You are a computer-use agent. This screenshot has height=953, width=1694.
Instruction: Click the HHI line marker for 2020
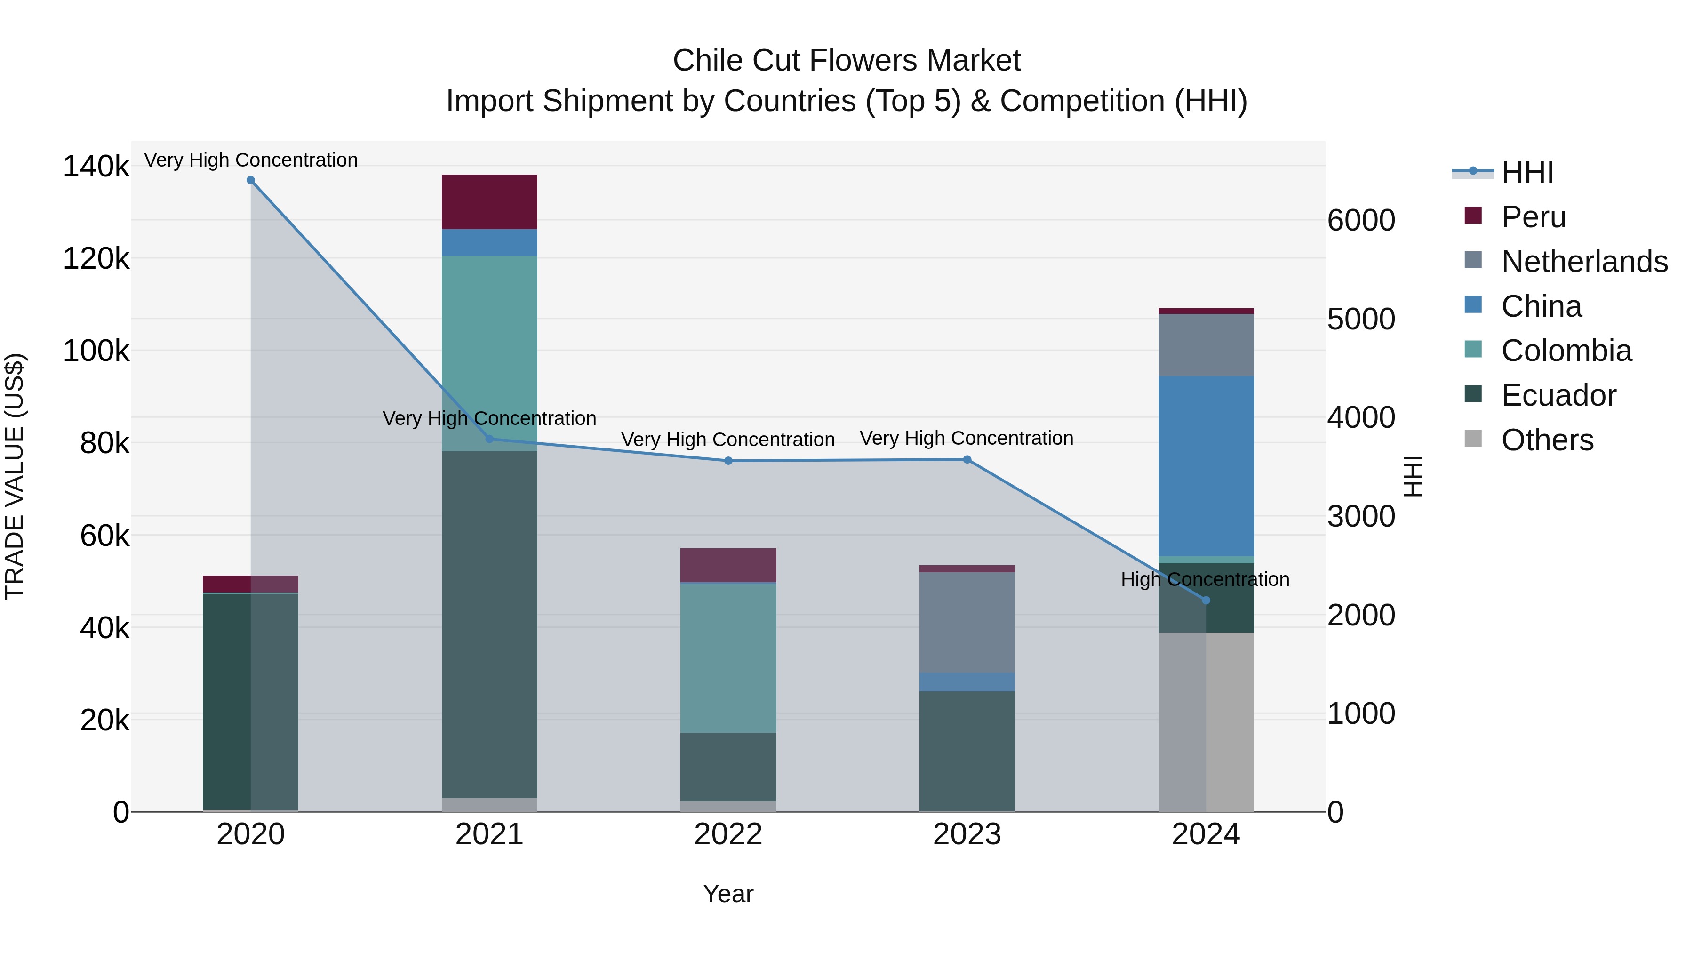250,180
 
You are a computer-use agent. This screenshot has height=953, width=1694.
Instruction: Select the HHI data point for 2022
728,461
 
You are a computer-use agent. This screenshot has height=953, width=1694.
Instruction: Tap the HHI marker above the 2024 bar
1206,600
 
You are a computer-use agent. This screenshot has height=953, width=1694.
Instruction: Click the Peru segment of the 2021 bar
489,202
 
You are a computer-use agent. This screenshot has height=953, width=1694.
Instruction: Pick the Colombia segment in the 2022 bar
728,658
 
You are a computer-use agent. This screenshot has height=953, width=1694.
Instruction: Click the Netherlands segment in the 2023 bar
967,622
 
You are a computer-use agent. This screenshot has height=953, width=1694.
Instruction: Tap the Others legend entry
1547,440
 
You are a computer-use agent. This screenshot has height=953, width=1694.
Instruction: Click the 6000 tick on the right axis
1360,220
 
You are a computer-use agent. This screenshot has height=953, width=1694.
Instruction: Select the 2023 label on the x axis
967,834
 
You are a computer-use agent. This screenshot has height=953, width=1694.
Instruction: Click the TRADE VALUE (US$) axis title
15,476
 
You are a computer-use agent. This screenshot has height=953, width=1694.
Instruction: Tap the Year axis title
728,894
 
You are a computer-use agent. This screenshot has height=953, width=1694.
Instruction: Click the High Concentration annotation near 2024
1205,579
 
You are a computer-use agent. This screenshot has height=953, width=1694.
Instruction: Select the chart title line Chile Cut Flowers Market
847,61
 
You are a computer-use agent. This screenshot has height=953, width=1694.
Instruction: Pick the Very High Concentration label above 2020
250,160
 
